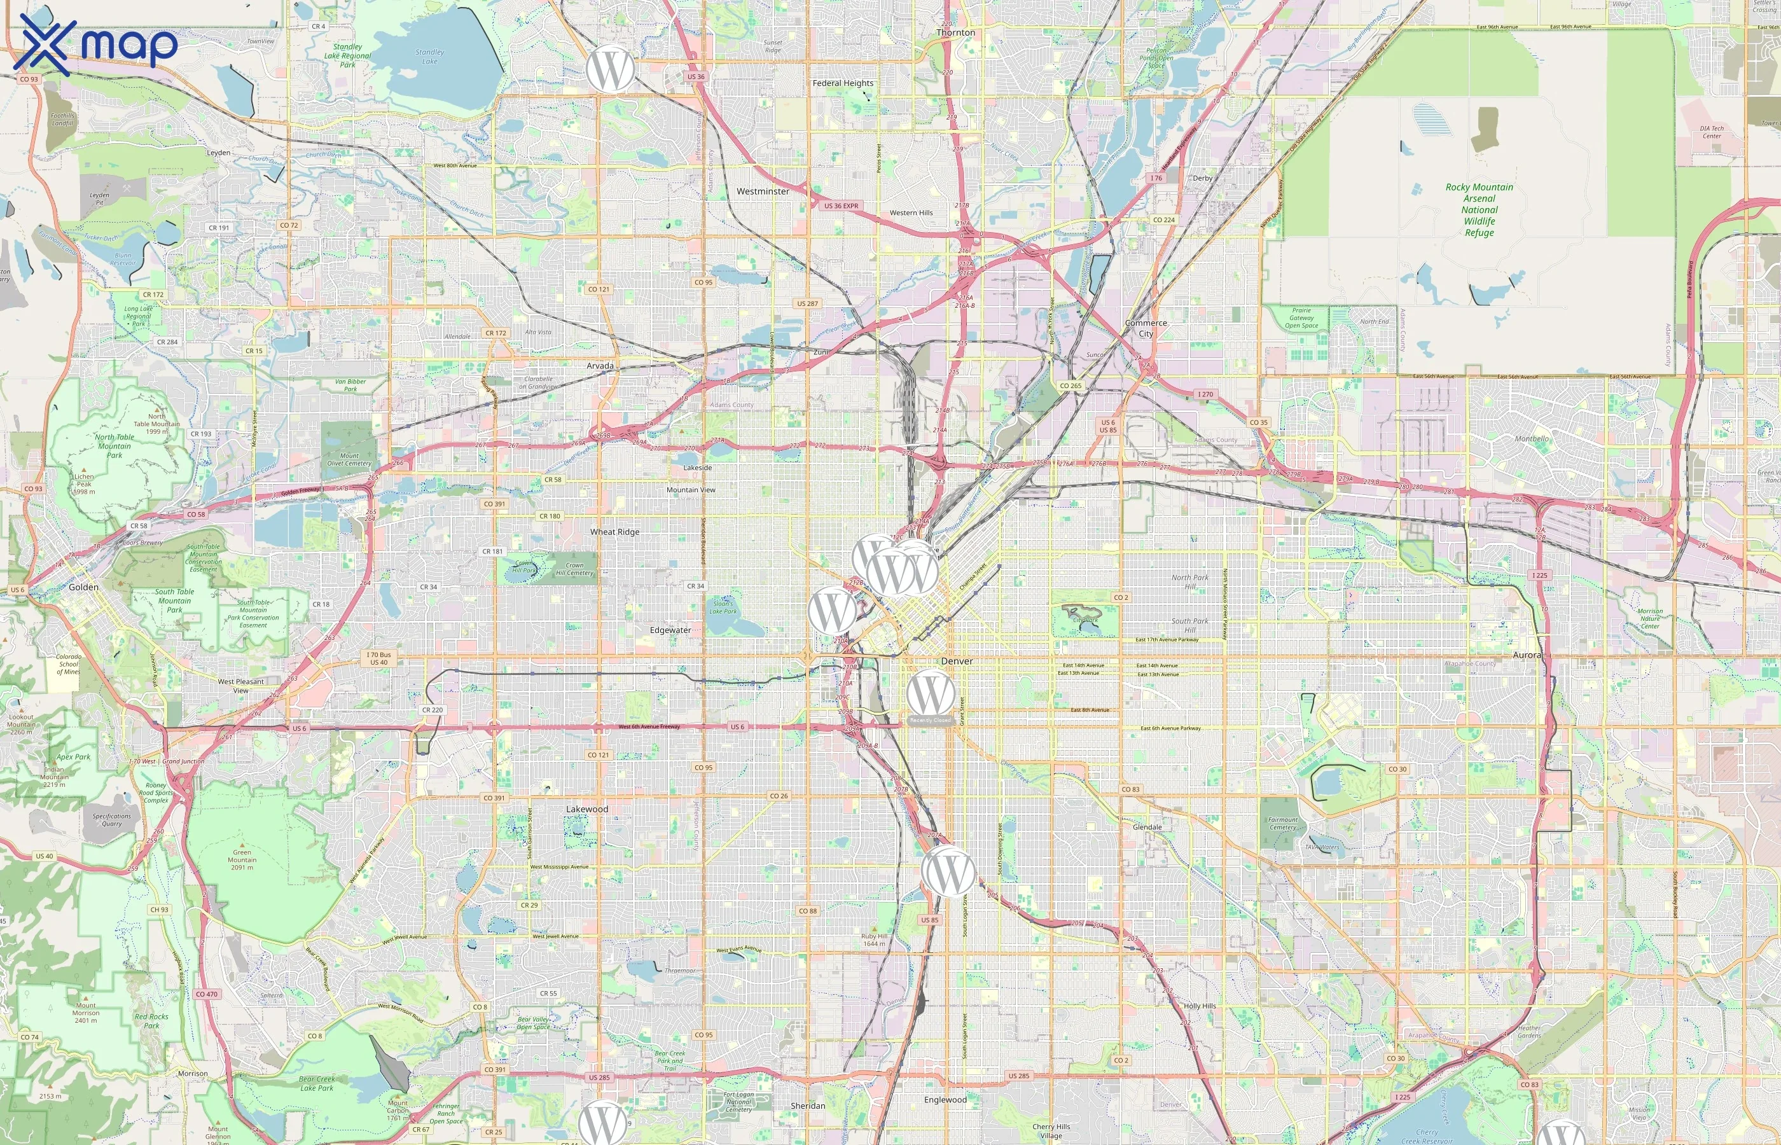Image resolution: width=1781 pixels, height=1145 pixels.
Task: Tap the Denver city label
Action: point(956,661)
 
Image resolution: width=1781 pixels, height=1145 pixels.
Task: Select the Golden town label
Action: point(83,587)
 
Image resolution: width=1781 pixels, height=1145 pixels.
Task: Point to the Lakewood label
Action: point(586,809)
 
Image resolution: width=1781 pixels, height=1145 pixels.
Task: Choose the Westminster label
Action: point(763,191)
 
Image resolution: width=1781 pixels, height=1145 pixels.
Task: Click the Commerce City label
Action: point(1146,328)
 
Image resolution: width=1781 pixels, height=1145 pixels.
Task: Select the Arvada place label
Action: point(600,366)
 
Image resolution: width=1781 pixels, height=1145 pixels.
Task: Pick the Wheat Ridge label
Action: point(614,532)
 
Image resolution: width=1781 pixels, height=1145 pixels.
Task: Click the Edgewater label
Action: point(670,630)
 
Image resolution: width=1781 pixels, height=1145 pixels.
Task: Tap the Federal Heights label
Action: point(842,83)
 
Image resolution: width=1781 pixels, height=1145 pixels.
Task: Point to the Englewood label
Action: point(945,1100)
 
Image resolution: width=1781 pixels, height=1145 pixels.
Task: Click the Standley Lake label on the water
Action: point(429,57)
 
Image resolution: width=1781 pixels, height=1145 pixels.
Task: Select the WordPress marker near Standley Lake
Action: point(609,69)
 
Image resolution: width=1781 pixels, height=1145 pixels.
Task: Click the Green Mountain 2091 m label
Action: point(242,859)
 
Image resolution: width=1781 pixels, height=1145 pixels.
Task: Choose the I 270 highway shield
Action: point(1204,394)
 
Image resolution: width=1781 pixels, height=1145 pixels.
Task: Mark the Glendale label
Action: point(1146,827)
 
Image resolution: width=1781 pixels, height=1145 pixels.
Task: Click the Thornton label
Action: point(955,32)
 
